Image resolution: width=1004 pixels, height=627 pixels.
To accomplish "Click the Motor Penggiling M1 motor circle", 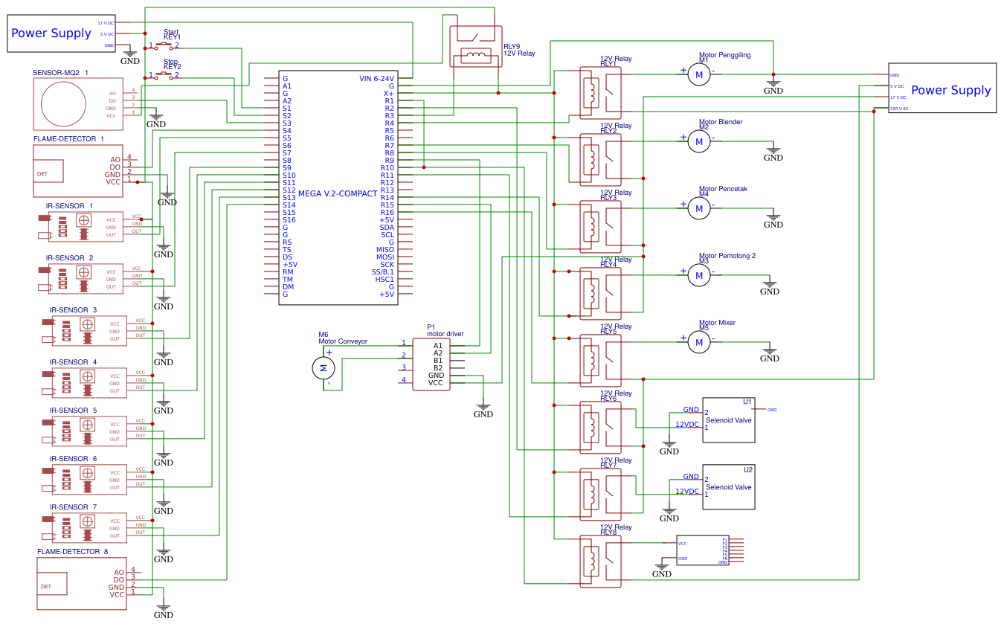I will [699, 74].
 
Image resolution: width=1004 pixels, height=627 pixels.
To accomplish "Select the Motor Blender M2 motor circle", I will [699, 141].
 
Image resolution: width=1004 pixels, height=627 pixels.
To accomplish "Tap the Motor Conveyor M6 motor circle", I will [324, 367].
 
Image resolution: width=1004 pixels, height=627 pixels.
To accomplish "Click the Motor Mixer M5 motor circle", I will [699, 342].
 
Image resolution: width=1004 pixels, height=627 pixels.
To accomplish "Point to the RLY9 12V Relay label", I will [519, 50].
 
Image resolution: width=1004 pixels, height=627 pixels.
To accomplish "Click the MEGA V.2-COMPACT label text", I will [337, 193].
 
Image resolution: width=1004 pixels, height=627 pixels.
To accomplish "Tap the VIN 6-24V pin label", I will [376, 78].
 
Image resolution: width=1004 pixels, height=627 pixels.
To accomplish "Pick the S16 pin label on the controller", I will [289, 219].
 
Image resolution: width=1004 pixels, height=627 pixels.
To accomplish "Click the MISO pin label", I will [384, 250].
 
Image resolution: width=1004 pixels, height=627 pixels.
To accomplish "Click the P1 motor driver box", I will [431, 364].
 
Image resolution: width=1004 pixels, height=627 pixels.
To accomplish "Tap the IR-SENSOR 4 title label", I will [73, 362].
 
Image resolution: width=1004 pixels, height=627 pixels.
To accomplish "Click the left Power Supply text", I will [51, 33].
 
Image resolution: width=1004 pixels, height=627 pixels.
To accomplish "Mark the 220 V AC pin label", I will [899, 109].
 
